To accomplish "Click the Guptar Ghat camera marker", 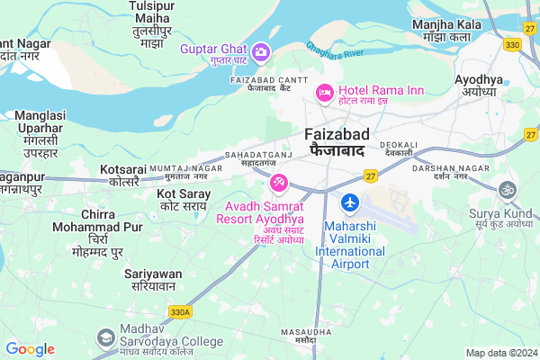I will tap(261, 51).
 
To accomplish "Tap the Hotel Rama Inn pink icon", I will tap(324, 93).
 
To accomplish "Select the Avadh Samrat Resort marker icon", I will tap(279, 184).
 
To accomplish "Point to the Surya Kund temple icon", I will tap(507, 191).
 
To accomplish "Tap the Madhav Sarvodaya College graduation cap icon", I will tap(106, 337).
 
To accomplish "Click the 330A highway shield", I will tap(179, 311).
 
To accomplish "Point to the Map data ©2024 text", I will tap(500, 352).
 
